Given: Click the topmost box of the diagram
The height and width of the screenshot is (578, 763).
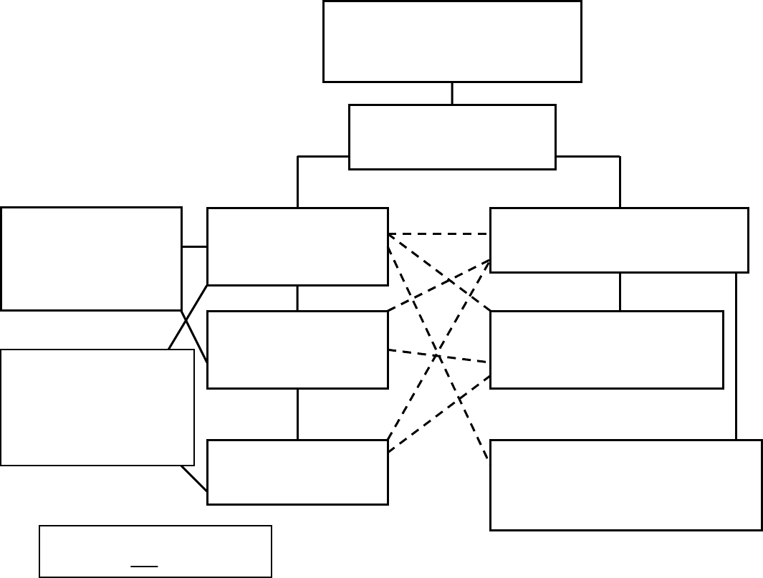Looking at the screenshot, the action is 451,42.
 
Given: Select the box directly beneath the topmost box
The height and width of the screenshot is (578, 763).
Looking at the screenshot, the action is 451,137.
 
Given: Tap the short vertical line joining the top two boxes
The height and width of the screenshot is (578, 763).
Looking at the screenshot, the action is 452,93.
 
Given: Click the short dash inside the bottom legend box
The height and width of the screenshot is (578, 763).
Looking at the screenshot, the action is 144,566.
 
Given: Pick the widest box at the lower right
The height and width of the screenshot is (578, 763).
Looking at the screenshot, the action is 625,485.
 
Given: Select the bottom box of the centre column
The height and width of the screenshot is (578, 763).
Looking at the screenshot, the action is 297,472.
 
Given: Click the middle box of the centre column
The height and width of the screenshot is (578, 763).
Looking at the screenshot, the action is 297,350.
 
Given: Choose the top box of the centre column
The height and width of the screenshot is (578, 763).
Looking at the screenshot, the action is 297,246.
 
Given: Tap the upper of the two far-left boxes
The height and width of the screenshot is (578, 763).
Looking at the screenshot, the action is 91,259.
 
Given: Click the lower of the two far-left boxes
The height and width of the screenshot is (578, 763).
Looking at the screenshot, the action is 97,407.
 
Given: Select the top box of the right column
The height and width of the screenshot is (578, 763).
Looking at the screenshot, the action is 619,240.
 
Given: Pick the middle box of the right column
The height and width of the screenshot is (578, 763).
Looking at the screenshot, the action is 606,350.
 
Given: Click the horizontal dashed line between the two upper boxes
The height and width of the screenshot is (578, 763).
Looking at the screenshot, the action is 438,234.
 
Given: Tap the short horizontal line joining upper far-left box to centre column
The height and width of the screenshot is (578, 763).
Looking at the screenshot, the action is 194,246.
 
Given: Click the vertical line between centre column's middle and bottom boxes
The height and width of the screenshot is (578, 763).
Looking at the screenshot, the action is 297,414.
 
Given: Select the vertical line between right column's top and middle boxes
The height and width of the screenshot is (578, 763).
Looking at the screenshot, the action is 620,292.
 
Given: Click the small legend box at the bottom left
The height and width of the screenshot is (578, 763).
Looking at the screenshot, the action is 155,551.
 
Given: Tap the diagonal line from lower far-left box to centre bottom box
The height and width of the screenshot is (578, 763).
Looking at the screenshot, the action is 193,478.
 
